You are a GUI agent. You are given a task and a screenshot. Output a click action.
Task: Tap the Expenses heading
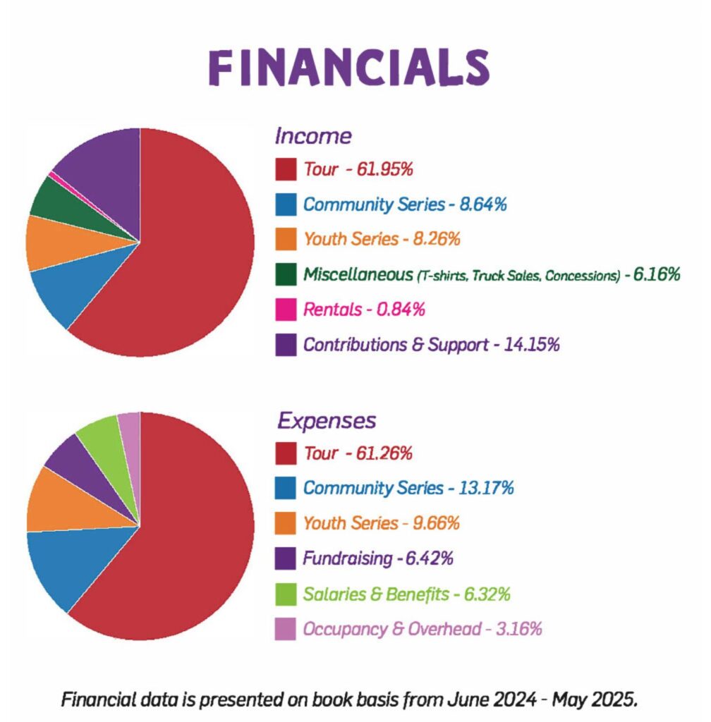point(326,421)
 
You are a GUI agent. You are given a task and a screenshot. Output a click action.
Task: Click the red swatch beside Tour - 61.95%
point(286,170)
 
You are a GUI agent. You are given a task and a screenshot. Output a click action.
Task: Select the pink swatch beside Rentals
point(286,310)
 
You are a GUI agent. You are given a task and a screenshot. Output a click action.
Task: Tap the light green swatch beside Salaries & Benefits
point(286,594)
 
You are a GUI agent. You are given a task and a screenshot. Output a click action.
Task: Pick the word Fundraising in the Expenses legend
point(347,559)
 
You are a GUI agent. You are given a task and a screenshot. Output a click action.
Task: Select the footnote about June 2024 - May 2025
point(350,700)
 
